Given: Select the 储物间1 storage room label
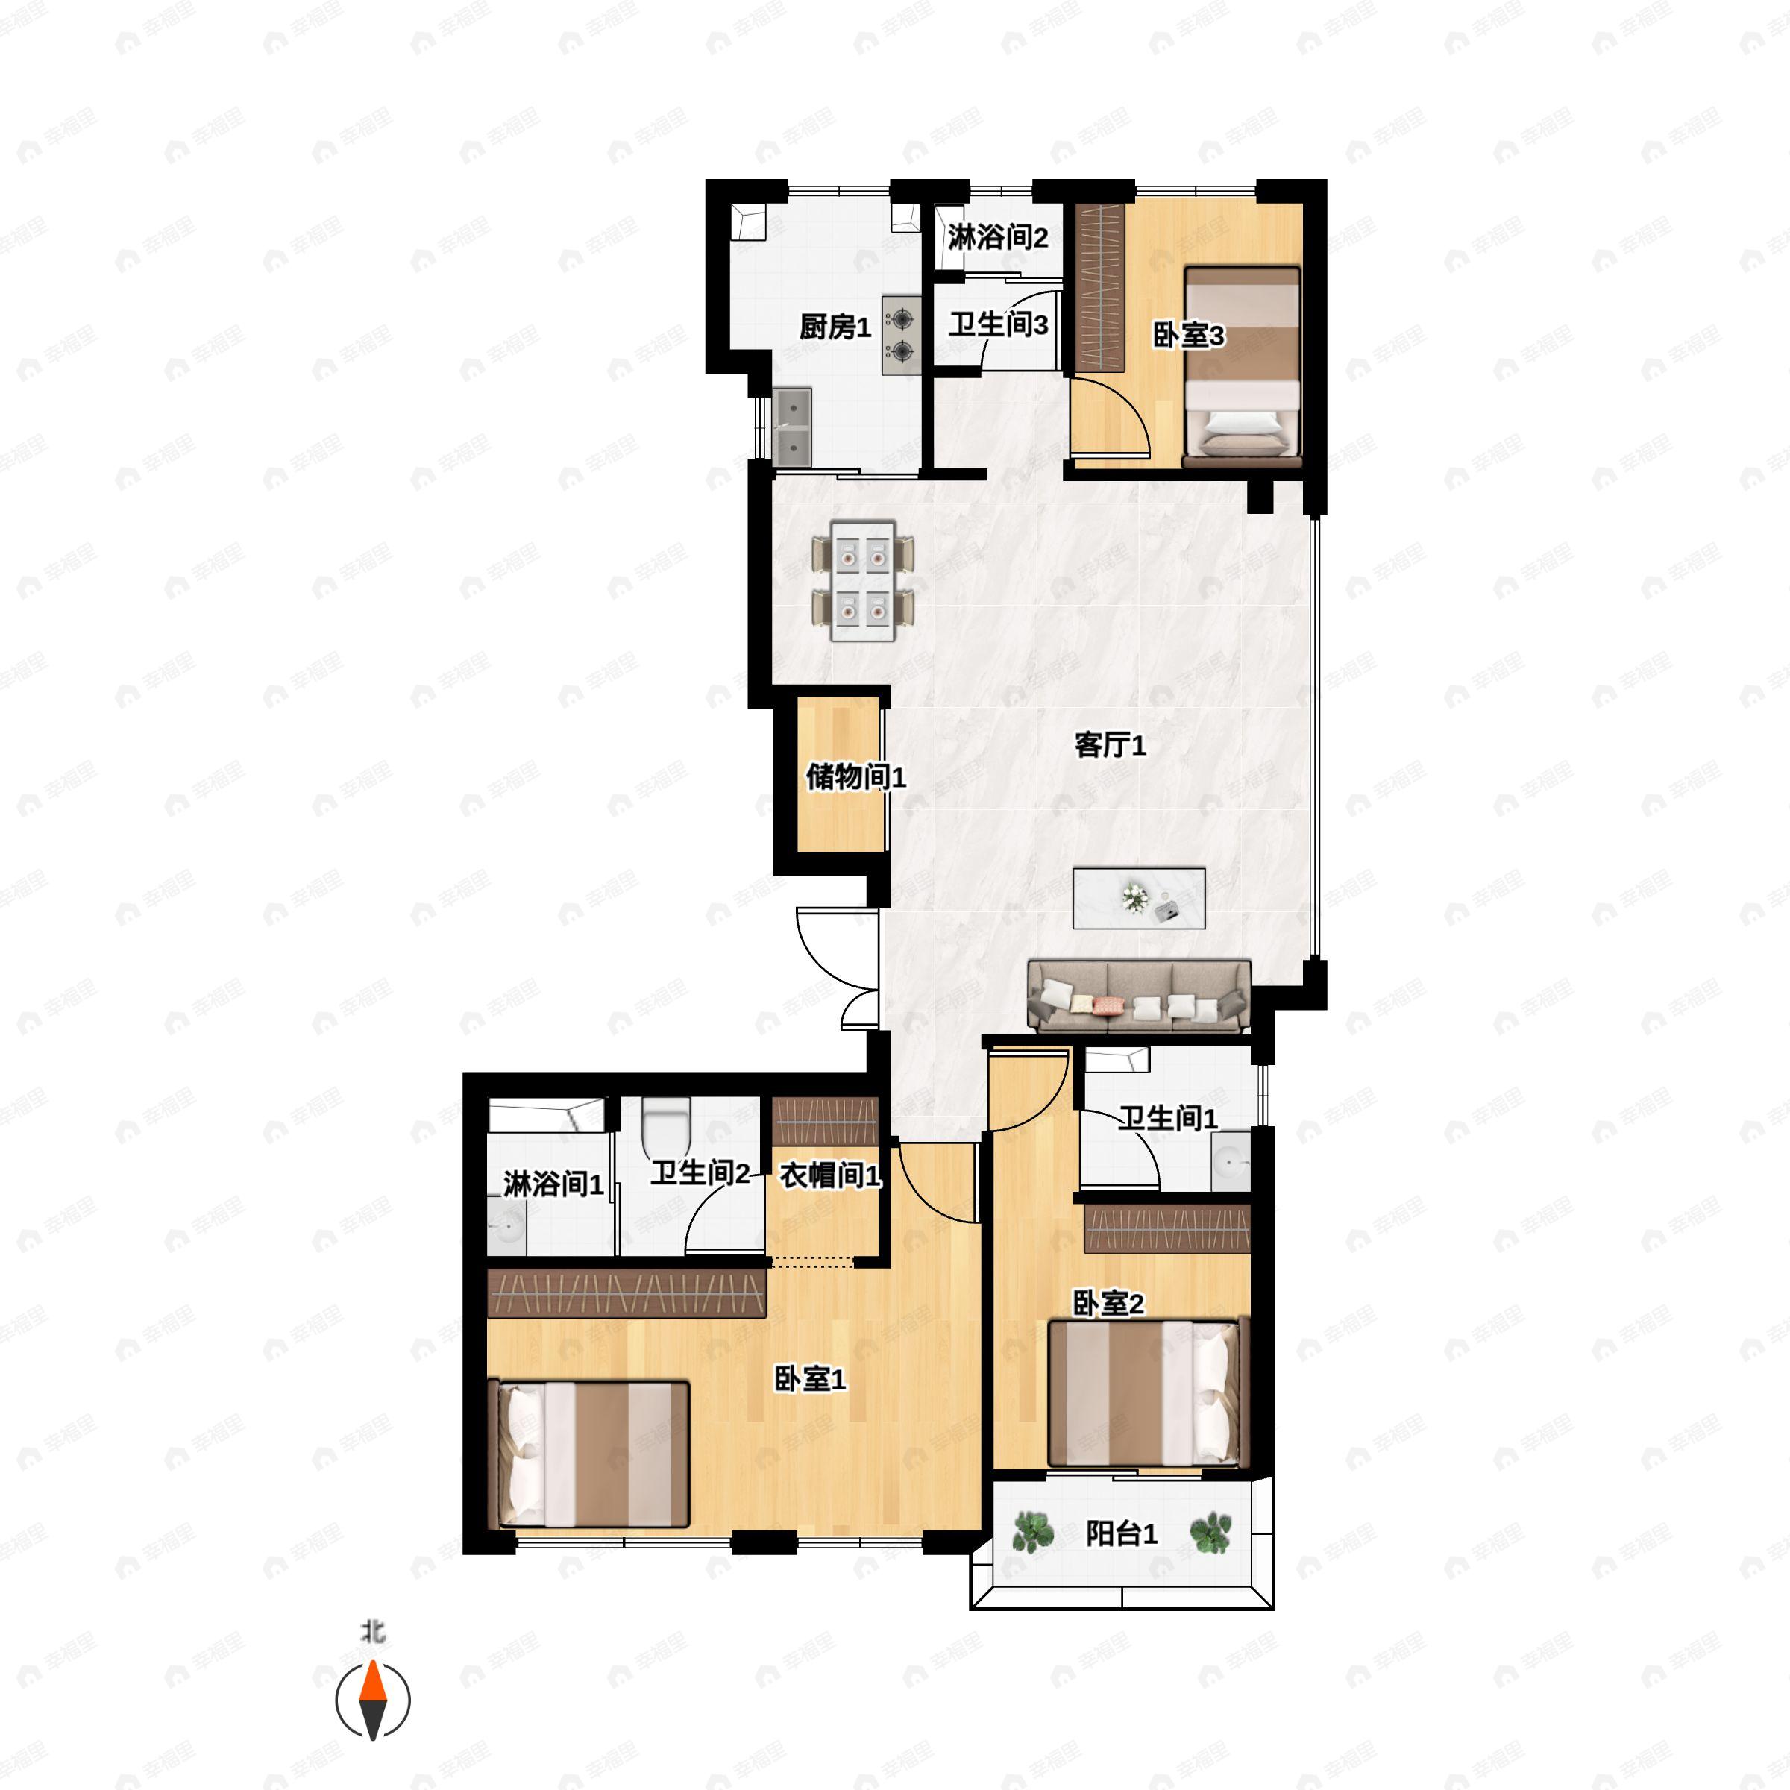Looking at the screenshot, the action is pyautogui.click(x=855, y=776).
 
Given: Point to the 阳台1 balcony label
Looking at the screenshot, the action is pyautogui.click(x=1121, y=1533).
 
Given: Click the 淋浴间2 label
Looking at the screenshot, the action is pyautogui.click(x=998, y=237).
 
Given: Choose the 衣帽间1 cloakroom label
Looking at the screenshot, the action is pyautogui.click(x=830, y=1175).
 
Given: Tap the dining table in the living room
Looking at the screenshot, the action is pyautogui.click(x=863, y=581).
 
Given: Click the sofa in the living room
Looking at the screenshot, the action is pyautogui.click(x=1139, y=996).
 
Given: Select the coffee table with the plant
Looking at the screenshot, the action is pyautogui.click(x=1139, y=898).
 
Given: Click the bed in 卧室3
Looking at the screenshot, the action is pyautogui.click(x=1243, y=367).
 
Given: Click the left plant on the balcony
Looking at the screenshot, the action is pyautogui.click(x=1032, y=1533).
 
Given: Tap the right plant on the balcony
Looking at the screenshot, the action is pyautogui.click(x=1210, y=1533).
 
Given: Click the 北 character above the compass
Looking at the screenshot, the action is pyautogui.click(x=372, y=1632).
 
